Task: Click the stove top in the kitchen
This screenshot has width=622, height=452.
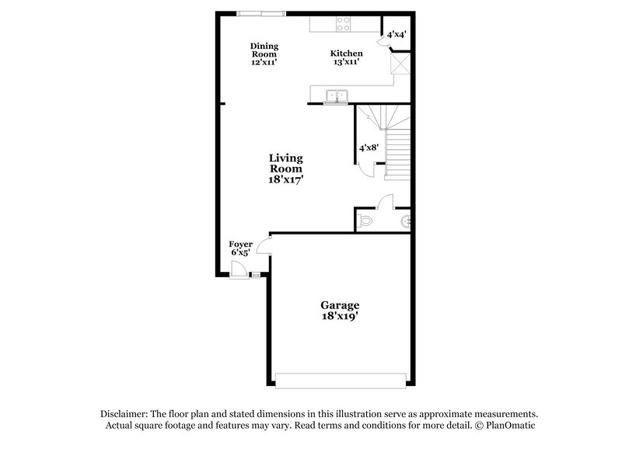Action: (x=343, y=26)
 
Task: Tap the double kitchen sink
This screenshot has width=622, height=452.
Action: (x=336, y=96)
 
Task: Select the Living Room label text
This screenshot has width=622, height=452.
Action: (x=285, y=163)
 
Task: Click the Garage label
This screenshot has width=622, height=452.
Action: (x=341, y=305)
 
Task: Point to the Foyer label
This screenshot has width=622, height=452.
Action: (x=240, y=244)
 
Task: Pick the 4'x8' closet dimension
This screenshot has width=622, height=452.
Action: (x=369, y=147)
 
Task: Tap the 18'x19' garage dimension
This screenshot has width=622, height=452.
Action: (x=341, y=317)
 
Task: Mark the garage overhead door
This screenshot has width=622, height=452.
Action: (x=341, y=381)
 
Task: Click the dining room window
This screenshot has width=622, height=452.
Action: (x=260, y=12)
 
